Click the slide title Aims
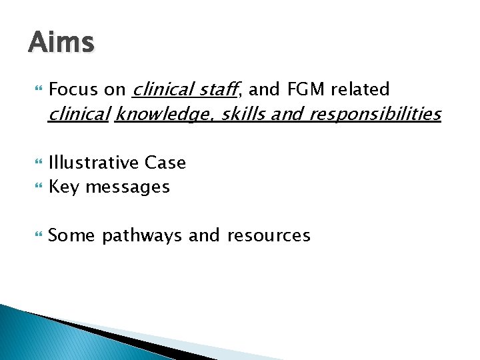click(61, 43)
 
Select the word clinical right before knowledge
click(79, 115)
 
